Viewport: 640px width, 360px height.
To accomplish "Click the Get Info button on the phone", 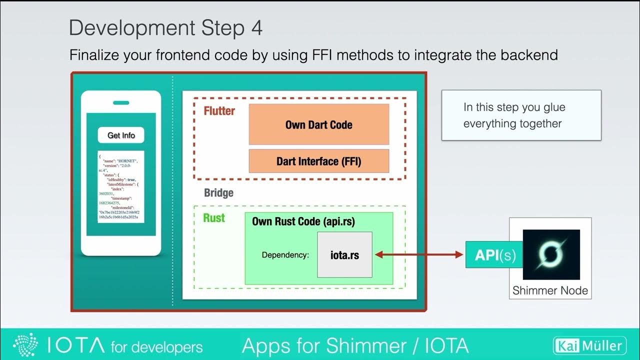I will (x=121, y=135).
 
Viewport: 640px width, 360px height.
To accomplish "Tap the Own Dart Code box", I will (x=318, y=124).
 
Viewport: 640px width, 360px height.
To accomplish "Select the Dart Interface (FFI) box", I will (x=318, y=161).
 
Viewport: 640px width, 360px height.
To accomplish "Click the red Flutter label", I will (x=219, y=111).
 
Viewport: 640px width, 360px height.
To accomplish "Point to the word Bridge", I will (x=218, y=193).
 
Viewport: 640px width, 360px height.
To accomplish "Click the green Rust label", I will (x=214, y=218).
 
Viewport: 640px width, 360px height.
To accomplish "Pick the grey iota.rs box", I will (x=344, y=254).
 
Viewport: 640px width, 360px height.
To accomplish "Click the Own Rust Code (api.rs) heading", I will (x=303, y=221).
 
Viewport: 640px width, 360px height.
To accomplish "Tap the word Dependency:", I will (x=285, y=255).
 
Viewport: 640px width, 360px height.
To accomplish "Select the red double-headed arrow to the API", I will (x=419, y=255).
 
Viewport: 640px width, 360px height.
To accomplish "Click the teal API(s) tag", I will (x=490, y=255).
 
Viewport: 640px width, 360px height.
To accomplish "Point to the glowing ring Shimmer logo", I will (x=551, y=254).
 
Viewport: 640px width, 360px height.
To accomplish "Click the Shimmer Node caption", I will (x=550, y=290).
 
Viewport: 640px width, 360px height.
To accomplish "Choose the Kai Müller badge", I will (x=589, y=345).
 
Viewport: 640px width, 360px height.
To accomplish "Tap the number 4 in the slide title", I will (x=255, y=28).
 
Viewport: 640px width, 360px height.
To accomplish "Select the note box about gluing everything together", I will (x=521, y=115).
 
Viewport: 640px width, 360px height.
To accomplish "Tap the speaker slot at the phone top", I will (x=121, y=103).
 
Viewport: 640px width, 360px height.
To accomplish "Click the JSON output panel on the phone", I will (x=121, y=186).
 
